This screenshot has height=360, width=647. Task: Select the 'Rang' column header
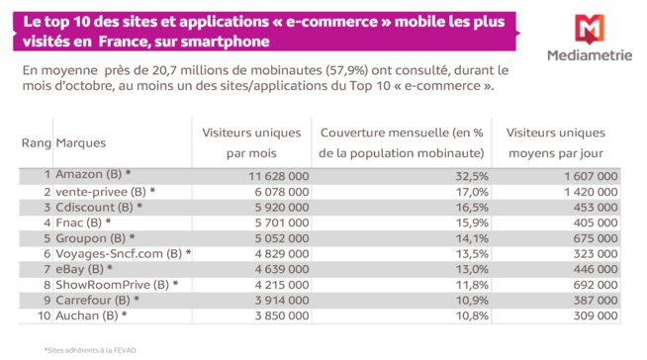36,143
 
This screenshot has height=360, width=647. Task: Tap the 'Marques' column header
81,143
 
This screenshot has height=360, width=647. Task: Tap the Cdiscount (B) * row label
100,207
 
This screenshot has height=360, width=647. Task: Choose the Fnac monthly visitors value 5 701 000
279,223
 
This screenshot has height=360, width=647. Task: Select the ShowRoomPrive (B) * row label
117,284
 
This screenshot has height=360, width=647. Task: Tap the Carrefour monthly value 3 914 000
279,300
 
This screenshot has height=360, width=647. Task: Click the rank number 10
43,315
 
